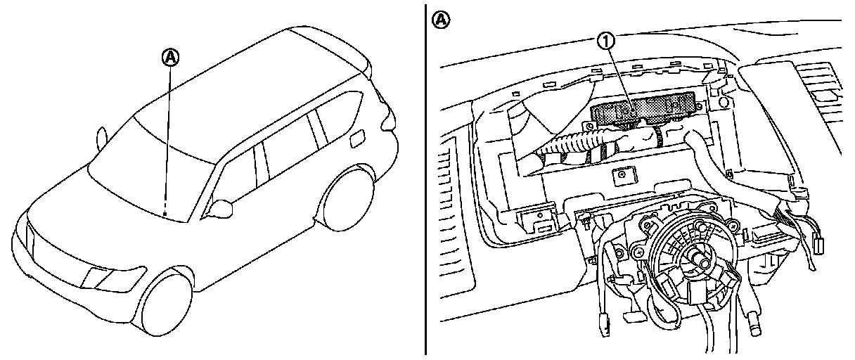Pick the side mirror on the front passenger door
tap(224, 207)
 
